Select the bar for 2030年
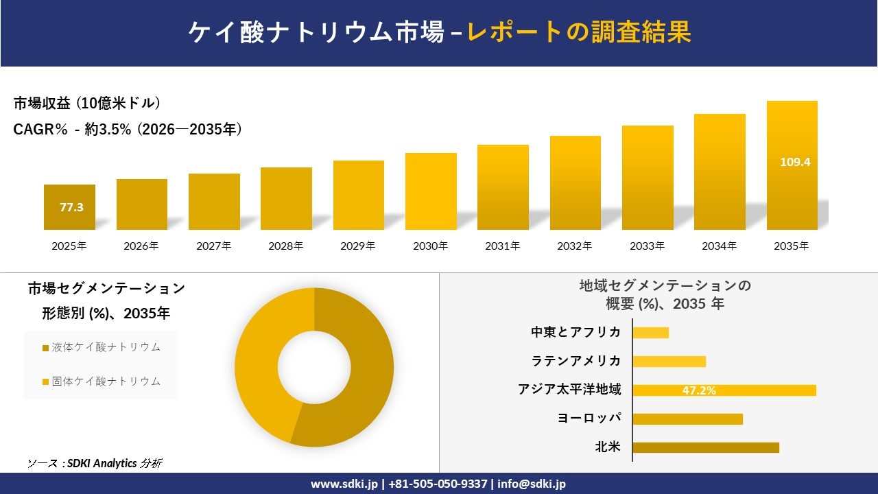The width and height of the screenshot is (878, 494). point(431,191)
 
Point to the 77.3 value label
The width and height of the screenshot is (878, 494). point(71,207)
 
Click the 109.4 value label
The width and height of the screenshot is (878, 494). point(795,163)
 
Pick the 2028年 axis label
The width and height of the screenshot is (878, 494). point(286,246)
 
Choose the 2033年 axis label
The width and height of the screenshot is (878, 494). point(648,246)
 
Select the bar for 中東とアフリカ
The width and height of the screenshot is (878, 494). point(650,333)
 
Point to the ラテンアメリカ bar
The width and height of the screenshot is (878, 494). point(669,362)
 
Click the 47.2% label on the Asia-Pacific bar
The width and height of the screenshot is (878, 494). point(699,390)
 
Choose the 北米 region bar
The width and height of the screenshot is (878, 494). point(706,447)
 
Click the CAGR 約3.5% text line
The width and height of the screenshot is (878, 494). point(128,130)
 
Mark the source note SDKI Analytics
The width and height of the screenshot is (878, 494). point(95,463)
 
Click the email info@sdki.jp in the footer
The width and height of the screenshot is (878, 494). point(532,484)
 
